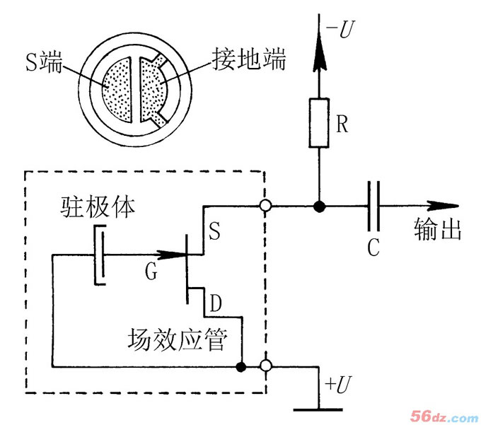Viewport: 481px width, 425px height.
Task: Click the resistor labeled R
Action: [319, 124]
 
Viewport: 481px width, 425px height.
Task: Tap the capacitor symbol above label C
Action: [375, 206]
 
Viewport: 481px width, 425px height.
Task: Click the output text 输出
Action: [437, 231]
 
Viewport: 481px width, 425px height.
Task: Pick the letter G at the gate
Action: [151, 271]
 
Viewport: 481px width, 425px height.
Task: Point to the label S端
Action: [42, 64]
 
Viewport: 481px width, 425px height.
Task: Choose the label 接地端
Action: [248, 60]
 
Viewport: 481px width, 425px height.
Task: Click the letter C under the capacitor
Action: [375, 248]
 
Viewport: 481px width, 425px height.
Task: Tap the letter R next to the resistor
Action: [343, 125]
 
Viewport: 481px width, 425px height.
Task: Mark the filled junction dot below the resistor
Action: [319, 206]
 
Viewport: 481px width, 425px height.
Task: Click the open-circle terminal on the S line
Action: [266, 206]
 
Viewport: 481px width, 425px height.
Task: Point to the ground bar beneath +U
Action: [315, 409]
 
